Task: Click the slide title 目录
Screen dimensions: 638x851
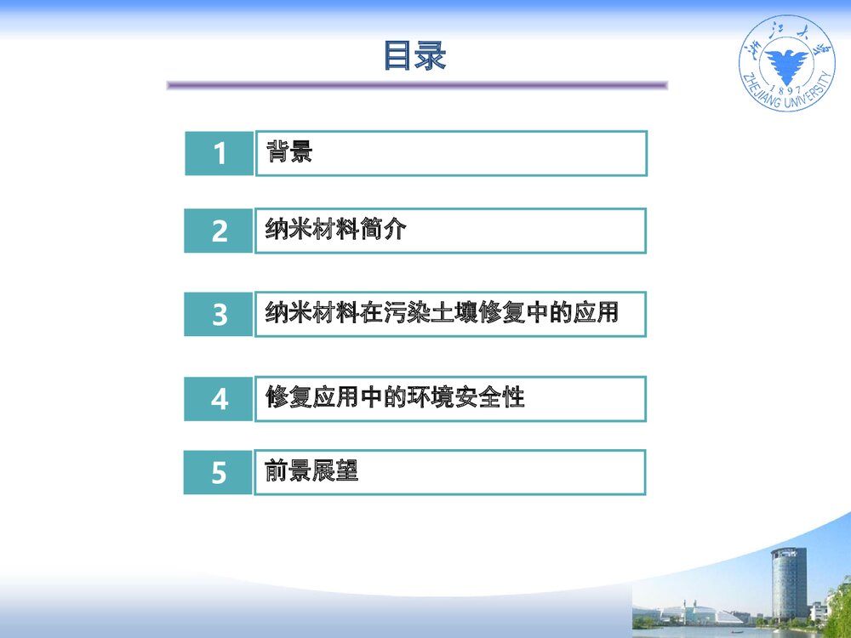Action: (x=414, y=56)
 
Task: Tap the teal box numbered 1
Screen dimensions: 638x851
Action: (x=220, y=154)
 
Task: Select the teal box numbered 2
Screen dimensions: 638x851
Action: (x=220, y=231)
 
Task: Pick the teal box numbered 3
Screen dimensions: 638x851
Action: (x=220, y=315)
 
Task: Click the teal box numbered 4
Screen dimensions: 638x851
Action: (x=220, y=399)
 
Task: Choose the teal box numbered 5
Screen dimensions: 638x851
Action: (x=219, y=472)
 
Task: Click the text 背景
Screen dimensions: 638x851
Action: (x=289, y=152)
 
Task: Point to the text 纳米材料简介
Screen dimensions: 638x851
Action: (x=335, y=230)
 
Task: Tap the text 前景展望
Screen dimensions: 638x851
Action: (x=311, y=471)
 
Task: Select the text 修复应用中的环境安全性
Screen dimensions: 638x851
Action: (x=395, y=397)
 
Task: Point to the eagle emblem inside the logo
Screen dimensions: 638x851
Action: (x=786, y=63)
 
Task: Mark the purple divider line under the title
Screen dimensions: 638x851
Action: (x=417, y=85)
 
